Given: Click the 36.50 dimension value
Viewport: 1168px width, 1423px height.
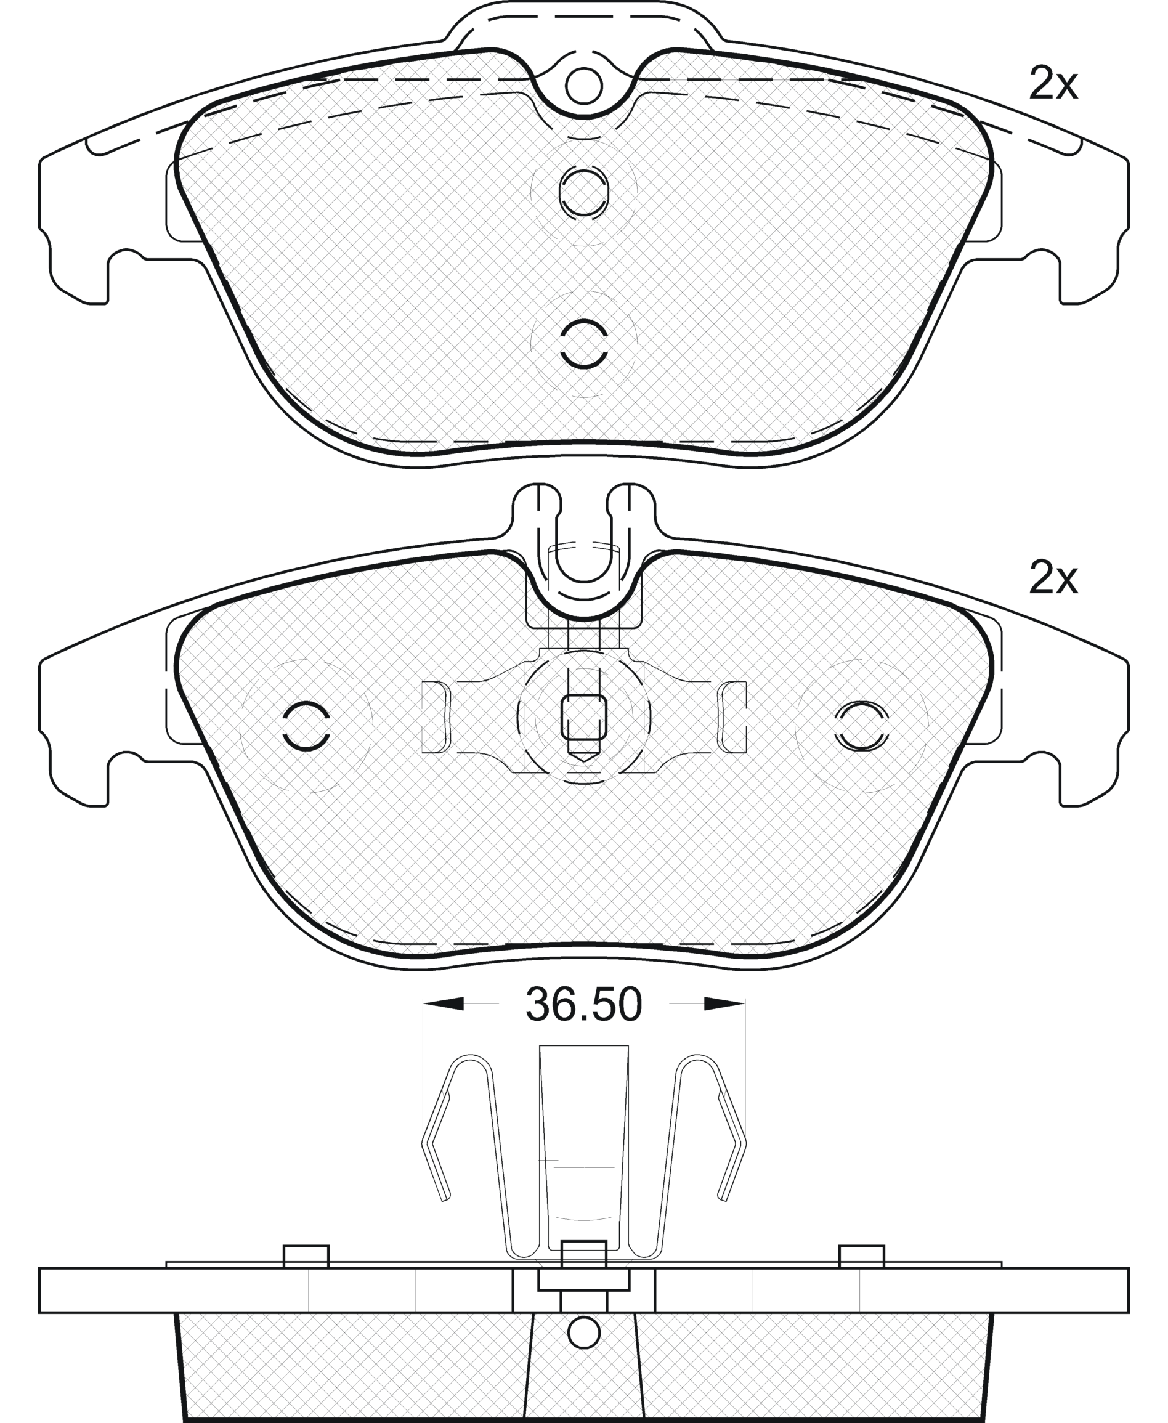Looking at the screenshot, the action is coord(583,1024).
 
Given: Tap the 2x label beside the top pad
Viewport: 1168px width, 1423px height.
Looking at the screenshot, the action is coord(1053,85).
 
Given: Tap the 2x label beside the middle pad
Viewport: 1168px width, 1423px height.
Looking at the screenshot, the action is coord(1053,578).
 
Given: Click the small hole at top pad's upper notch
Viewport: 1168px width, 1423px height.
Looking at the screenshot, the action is coord(583,86).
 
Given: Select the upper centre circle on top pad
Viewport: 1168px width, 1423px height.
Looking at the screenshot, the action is coord(583,192).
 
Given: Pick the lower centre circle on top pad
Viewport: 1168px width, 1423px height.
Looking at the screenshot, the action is coord(583,344).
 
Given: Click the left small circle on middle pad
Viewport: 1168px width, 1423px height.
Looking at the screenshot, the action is coord(306,727).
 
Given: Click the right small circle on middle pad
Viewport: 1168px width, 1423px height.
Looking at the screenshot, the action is coord(861,727).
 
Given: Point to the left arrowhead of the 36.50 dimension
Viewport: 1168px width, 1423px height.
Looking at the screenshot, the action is coord(444,1023).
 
